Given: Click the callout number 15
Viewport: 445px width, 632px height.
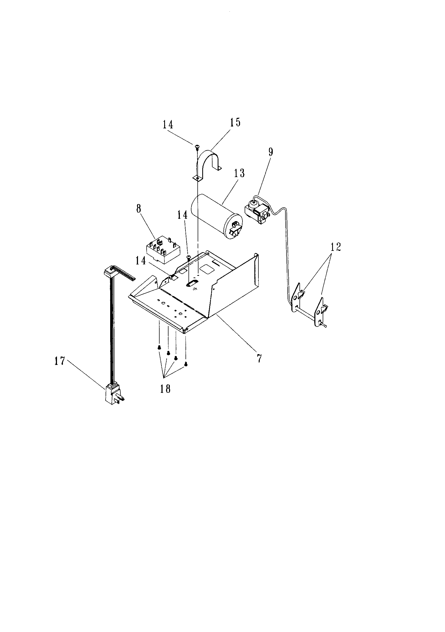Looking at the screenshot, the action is [235, 122].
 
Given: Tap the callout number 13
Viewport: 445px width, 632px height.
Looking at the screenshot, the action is [239, 174].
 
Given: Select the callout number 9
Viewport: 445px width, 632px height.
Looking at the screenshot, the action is [271, 152].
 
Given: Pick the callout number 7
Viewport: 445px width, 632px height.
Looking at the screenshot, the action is [259, 358].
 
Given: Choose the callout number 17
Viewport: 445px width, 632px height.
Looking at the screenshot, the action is [59, 361].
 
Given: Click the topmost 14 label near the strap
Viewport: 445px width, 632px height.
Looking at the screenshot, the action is [168, 125].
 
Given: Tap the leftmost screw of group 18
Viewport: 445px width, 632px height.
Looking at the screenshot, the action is [159, 348].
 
